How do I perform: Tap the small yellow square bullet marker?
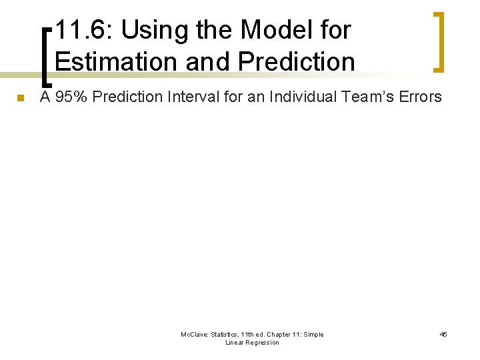20,99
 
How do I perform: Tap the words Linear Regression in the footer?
252,343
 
